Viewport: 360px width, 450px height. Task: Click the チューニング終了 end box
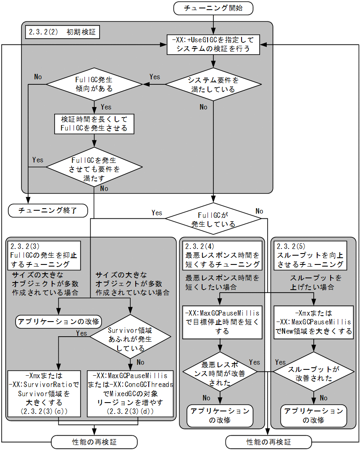point(48,211)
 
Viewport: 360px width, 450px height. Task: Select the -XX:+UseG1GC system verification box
point(213,44)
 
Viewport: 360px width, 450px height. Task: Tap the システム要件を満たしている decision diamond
point(213,84)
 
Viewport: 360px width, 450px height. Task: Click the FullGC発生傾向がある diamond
point(95,84)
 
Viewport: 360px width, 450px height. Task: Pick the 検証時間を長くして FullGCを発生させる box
point(94,123)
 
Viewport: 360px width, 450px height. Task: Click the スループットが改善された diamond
point(313,371)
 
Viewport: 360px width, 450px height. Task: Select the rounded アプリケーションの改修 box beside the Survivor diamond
point(58,322)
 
